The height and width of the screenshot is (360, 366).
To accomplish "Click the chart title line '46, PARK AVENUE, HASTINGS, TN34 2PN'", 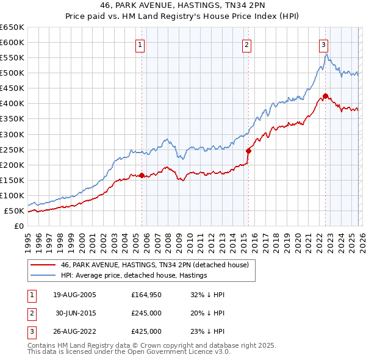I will coord(183,5).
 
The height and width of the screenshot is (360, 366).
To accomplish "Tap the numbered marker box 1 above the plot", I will coord(140,45).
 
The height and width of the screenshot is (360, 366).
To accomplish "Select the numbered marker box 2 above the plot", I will coord(246,45).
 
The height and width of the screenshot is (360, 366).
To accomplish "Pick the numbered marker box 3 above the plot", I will coord(323,45).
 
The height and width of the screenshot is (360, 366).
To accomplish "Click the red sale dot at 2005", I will coord(142,175).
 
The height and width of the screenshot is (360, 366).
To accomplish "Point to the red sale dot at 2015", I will coord(248,151).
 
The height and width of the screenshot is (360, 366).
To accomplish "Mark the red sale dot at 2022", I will coord(325,96).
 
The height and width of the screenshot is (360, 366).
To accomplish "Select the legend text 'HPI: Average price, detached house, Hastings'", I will coord(134,275).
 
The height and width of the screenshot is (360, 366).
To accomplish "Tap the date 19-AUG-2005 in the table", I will coord(74,295).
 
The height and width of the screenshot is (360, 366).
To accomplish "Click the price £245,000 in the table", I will coord(146,313).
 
